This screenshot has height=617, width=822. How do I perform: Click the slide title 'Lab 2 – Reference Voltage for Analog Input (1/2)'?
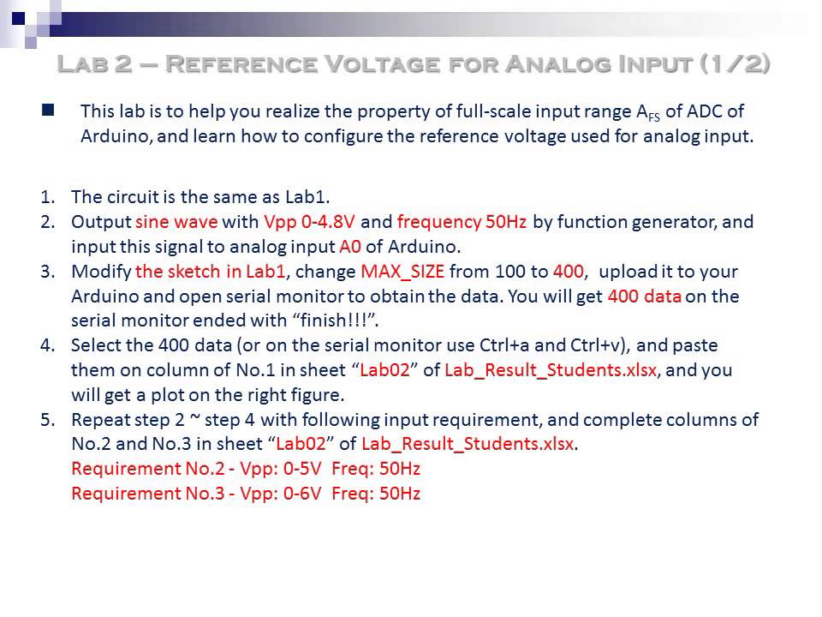pos(414,64)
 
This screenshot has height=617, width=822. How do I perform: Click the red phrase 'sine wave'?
pos(176,222)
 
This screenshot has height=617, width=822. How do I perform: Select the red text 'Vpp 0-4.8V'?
pos(309,222)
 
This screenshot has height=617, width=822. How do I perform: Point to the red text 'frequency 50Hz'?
pos(462,222)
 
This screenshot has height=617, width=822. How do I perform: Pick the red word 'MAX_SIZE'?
pos(402,272)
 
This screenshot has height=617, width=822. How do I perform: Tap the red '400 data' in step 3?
pos(644,297)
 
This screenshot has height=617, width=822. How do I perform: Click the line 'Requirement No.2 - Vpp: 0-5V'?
pos(246,470)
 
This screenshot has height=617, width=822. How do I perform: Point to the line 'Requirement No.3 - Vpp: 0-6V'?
pos(246,494)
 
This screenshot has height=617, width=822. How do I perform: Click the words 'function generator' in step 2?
pos(634,222)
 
